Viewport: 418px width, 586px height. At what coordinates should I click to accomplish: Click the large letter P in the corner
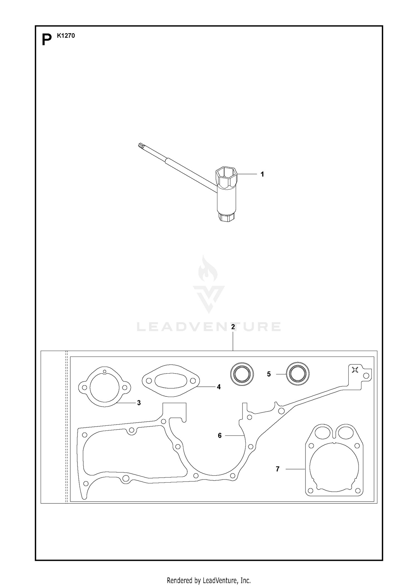tap(47, 40)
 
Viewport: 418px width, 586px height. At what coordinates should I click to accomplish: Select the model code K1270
tap(66, 36)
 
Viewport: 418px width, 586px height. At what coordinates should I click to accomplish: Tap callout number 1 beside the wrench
tap(262, 174)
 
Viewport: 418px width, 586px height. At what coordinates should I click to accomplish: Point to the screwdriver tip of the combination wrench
tap(140, 146)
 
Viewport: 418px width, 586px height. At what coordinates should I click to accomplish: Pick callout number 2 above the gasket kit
tap(233, 327)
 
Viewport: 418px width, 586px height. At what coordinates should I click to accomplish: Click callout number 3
tap(139, 403)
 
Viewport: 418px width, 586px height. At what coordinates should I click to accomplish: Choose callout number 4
tap(219, 387)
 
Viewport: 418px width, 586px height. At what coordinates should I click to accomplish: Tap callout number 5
tap(269, 374)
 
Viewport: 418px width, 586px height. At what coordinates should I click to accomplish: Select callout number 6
tap(220, 435)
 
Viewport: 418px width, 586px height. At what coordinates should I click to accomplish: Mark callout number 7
tap(278, 469)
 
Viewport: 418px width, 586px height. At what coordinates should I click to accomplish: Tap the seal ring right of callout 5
tap(298, 374)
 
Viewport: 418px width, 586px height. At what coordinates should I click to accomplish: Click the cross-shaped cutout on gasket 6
tap(355, 370)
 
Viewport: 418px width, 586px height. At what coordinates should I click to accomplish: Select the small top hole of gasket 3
tap(105, 371)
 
